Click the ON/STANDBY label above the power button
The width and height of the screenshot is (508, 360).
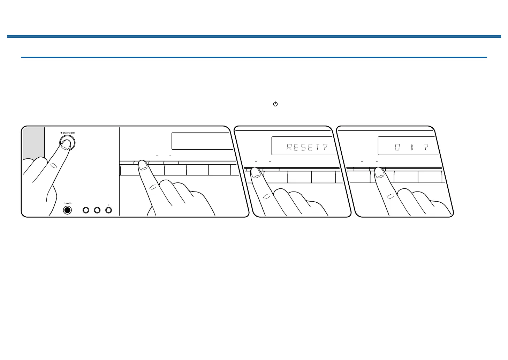(68, 133)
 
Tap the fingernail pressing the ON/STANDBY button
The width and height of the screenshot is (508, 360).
(66, 145)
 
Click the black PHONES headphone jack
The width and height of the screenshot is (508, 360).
(67, 210)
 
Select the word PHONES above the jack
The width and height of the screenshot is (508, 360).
(67, 203)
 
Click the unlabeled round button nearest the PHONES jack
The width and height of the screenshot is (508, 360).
(86, 210)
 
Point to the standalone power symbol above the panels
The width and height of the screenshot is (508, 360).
(275, 104)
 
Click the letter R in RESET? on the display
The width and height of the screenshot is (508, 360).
(289, 147)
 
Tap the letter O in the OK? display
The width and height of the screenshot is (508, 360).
(397, 147)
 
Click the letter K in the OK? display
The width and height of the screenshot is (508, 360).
(412, 147)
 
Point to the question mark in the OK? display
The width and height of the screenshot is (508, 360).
(426, 147)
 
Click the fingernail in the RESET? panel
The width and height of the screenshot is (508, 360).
(256, 172)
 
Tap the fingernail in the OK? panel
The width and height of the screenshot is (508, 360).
(379, 172)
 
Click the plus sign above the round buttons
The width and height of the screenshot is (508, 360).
(108, 205)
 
